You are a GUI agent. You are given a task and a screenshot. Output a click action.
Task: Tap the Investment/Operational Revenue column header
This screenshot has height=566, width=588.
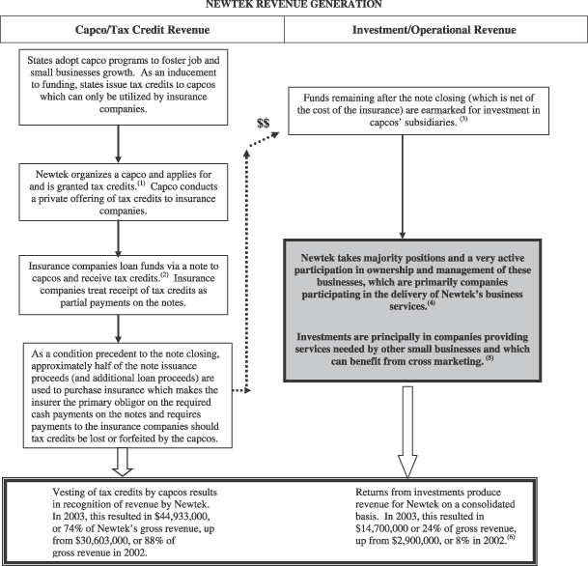pos(435,29)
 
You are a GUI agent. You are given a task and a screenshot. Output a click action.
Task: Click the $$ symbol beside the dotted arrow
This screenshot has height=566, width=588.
pos(263,123)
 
